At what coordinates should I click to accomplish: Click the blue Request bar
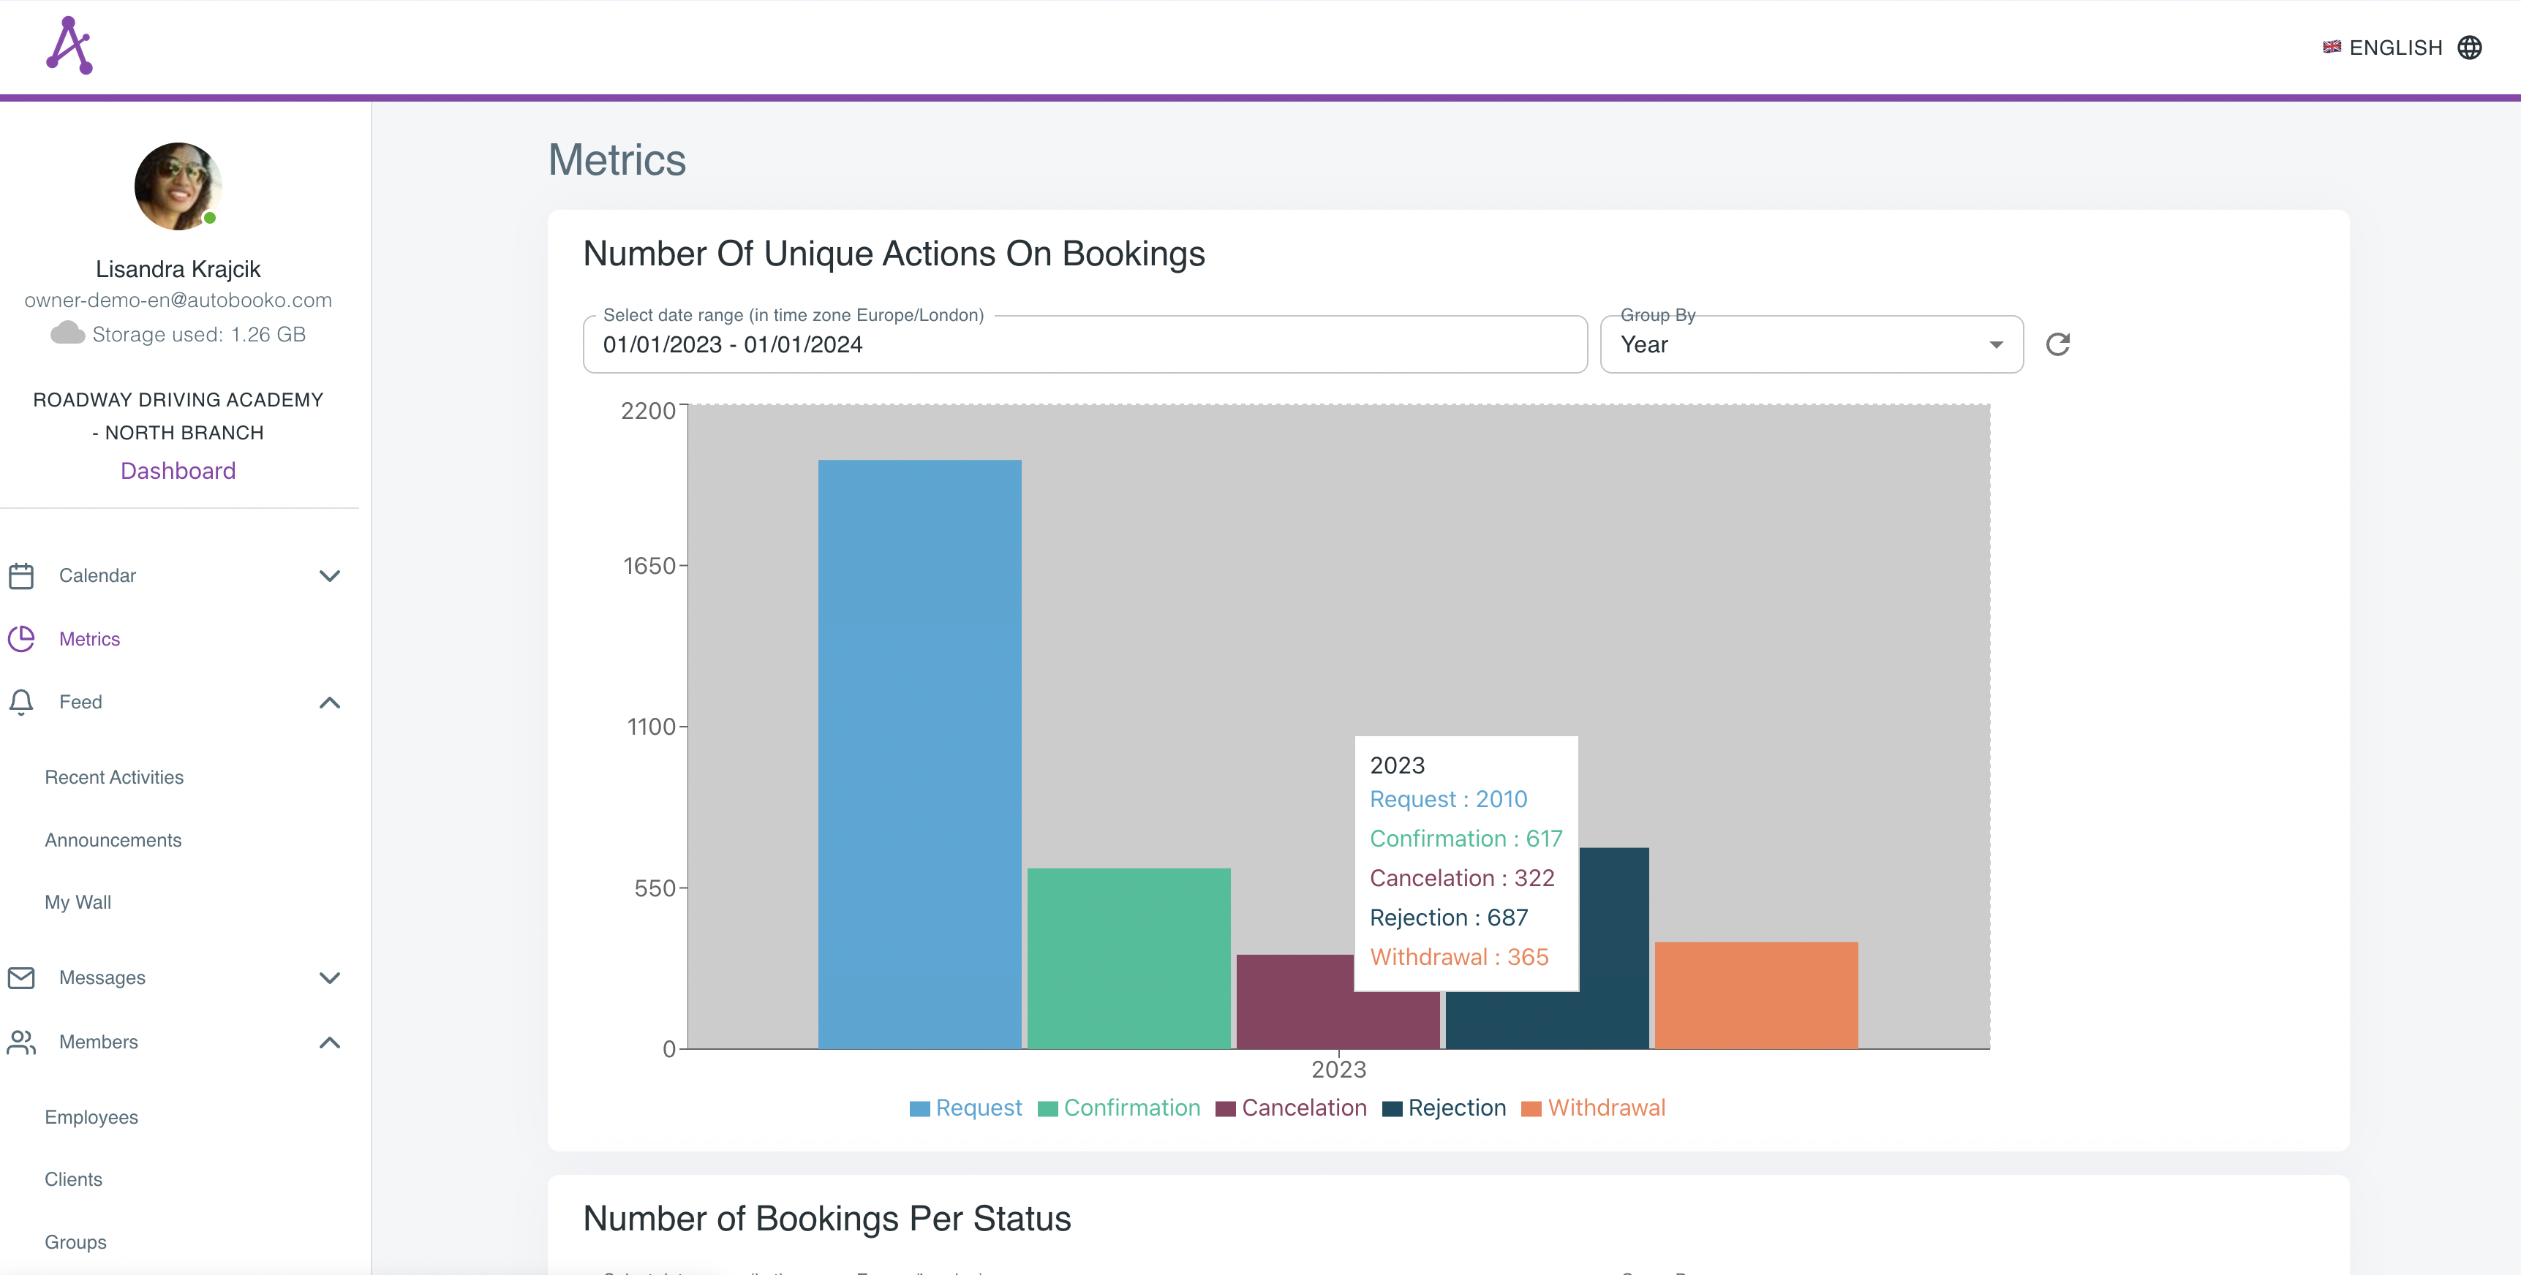[919, 754]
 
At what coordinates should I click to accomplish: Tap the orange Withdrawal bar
[1756, 994]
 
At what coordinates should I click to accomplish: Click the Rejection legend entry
[1444, 1108]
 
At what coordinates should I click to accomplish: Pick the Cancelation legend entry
[1291, 1108]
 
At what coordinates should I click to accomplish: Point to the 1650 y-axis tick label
[649, 566]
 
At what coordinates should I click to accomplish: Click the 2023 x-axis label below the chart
[1338, 1070]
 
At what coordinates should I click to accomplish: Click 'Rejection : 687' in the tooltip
[1448, 917]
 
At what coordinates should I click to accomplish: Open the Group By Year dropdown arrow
[1995, 344]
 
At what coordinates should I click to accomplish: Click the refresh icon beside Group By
[2057, 344]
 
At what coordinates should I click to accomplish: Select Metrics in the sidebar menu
[89, 639]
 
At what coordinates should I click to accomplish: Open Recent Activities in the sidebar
[113, 777]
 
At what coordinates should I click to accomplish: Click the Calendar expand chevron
[330, 575]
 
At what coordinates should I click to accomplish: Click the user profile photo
[177, 186]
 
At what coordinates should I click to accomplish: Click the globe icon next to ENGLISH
[2469, 47]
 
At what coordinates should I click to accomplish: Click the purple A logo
[69, 45]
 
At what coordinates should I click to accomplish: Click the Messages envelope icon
[21, 977]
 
